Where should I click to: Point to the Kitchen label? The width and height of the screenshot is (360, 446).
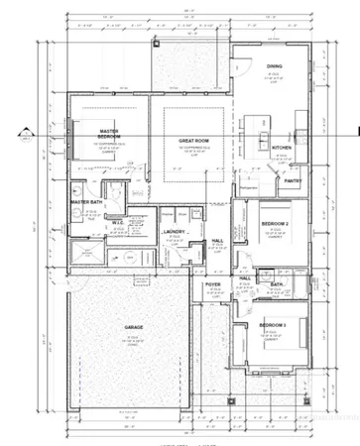point(281,149)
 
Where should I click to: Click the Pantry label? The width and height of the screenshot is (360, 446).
point(293,181)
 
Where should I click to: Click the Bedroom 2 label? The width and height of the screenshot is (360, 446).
point(274,225)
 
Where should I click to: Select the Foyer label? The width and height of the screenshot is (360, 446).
point(213,285)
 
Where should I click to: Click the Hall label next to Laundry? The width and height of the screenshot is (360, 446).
point(215,239)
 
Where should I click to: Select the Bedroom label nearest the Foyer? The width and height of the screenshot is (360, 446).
point(272,326)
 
